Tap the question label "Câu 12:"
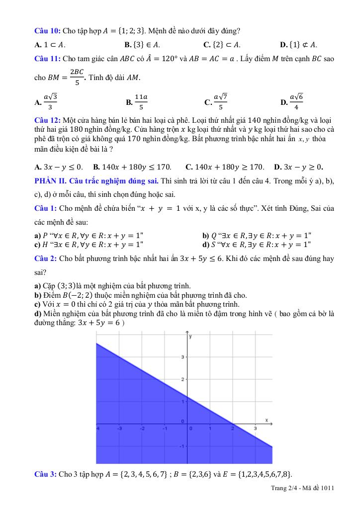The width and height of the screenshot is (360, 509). [47, 120]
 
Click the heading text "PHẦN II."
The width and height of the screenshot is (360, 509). [53, 179]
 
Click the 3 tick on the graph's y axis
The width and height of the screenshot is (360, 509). [182, 357]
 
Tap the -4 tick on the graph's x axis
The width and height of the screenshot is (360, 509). [98, 428]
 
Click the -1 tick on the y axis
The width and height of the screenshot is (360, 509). [181, 446]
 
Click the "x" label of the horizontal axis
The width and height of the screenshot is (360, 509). [267, 420]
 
